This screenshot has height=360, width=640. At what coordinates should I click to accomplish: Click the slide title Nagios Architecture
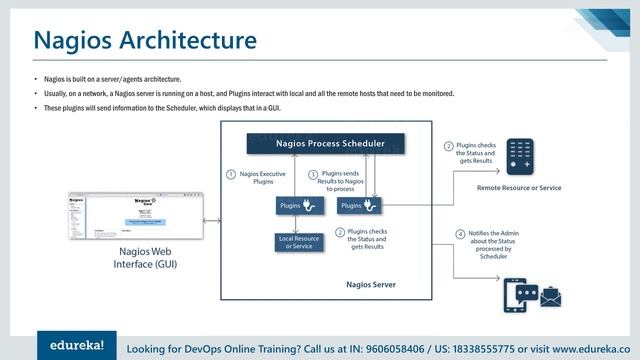tap(144, 40)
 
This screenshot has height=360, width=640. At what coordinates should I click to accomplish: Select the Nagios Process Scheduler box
tap(329, 144)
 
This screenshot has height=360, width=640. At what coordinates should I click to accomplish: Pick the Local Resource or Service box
tap(299, 242)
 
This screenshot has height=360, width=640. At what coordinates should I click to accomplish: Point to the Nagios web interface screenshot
tap(134, 218)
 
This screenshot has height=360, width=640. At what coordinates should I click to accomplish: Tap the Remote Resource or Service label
tap(518, 188)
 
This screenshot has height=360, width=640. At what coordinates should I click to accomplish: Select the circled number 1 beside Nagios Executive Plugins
tap(231, 174)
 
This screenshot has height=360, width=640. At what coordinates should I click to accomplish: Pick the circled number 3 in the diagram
tap(312, 174)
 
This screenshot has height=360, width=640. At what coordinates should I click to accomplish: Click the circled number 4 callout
tap(460, 234)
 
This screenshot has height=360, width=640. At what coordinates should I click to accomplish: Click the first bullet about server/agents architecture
tap(110, 78)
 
